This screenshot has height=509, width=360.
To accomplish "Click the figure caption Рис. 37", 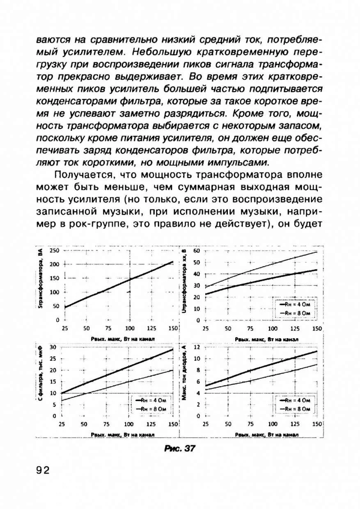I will click(x=179, y=449).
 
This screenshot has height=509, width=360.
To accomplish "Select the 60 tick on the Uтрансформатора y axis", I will click(x=196, y=250).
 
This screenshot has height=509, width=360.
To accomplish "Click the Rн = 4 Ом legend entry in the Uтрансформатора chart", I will click(x=293, y=305).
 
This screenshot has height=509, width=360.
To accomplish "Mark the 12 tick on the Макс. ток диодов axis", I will click(x=196, y=347).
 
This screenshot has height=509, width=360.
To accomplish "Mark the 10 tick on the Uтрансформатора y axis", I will click(x=196, y=309).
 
